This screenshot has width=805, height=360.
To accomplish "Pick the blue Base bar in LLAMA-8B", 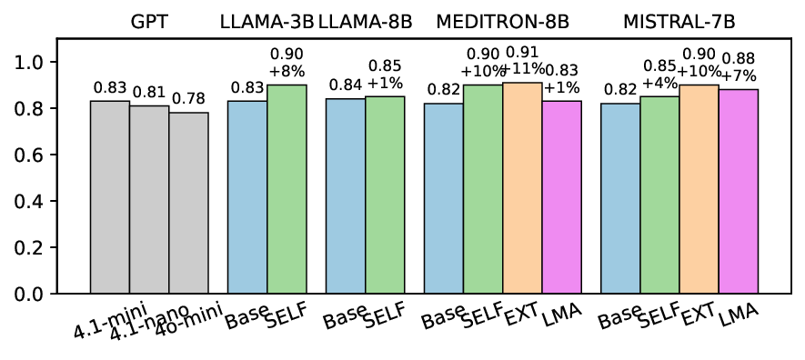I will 346,195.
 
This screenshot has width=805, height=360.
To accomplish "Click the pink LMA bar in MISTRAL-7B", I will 739,191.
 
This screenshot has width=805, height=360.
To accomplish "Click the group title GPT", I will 149,20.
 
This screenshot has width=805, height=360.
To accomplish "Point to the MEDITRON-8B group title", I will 503,20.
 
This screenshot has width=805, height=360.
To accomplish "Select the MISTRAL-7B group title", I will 679,20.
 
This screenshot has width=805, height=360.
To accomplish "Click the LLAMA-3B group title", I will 266,20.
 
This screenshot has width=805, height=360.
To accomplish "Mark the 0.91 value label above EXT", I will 523,52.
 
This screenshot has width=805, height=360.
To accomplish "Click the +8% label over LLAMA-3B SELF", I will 287,68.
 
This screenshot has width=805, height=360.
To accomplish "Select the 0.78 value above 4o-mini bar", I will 188,98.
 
